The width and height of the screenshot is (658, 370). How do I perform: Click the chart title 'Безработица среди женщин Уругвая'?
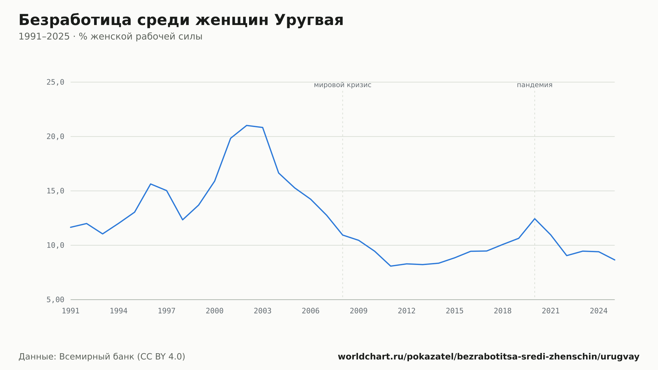pyautogui.click(x=181, y=20)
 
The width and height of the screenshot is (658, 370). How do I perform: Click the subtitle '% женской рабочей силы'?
pyautogui.click(x=140, y=37)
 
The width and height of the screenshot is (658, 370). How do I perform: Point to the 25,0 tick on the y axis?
pyautogui.click(x=55, y=82)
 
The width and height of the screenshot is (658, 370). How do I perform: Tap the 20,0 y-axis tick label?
pyautogui.click(x=55, y=137)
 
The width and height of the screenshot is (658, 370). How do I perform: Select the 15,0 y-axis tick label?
pyautogui.click(x=55, y=191)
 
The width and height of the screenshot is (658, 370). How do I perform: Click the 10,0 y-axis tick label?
pyautogui.click(x=55, y=245)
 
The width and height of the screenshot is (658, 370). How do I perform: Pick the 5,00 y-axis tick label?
pyautogui.click(x=55, y=300)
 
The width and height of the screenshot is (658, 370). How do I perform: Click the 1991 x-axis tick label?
pyautogui.click(x=71, y=311)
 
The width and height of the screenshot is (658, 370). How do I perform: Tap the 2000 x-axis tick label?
pyautogui.click(x=215, y=311)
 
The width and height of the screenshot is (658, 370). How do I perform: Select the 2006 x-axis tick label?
pyautogui.click(x=311, y=311)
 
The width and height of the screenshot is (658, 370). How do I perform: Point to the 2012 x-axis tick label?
pyautogui.click(x=407, y=311)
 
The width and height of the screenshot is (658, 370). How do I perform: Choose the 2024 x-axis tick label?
pyautogui.click(x=599, y=311)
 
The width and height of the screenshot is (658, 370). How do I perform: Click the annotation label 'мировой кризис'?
pyautogui.click(x=342, y=85)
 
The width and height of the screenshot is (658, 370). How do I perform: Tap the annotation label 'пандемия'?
pyautogui.click(x=535, y=85)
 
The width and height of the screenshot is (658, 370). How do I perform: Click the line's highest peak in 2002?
pyautogui.click(x=247, y=125)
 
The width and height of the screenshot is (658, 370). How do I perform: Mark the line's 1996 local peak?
pyautogui.click(x=151, y=184)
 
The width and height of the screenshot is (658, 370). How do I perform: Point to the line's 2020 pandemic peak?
pyautogui.click(x=535, y=219)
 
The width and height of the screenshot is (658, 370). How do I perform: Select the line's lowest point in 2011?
pyautogui.click(x=391, y=266)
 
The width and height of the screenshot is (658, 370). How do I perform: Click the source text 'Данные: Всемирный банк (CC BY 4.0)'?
pyautogui.click(x=102, y=357)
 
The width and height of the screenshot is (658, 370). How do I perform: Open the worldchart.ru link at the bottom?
pyautogui.click(x=489, y=357)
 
